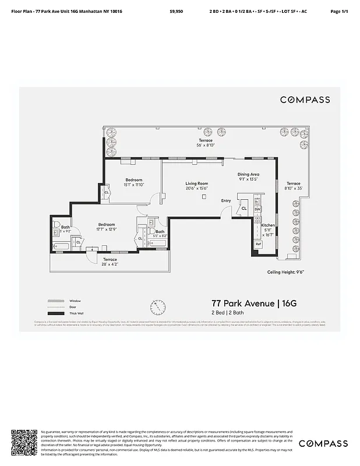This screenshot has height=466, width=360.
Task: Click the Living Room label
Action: [x=197, y=183]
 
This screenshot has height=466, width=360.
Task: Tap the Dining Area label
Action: [x=248, y=174]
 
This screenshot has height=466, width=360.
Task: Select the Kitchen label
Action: [x=267, y=225]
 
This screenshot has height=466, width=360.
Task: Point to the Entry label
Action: [x=226, y=201]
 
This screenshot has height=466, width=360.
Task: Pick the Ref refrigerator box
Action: [x=258, y=244]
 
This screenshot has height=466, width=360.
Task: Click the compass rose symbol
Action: [x=157, y=307]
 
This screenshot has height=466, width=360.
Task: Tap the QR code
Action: [x=24, y=443]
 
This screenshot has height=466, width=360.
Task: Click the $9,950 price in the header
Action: [x=176, y=11]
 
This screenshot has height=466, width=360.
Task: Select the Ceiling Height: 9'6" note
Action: [x=286, y=272]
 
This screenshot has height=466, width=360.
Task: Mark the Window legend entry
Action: [x=75, y=301]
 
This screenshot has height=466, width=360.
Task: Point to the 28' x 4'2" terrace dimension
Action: [x=110, y=264]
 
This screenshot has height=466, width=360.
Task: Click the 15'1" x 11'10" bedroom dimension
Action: [x=134, y=185]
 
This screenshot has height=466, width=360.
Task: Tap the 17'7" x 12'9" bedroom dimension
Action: [x=106, y=229]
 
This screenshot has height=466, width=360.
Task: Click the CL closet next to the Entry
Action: [x=244, y=208]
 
